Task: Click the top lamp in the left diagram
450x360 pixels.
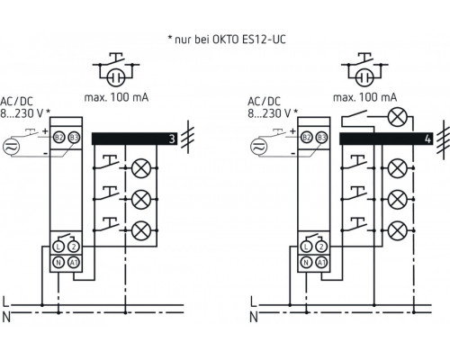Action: point(140,167)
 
